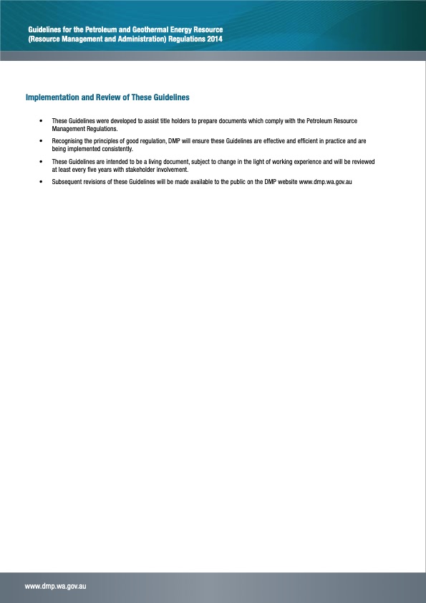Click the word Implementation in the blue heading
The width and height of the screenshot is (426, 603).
pos(52,97)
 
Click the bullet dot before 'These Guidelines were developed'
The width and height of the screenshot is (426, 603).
pos(42,121)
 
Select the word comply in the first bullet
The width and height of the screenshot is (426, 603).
pos(275,121)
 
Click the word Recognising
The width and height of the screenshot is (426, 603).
pos(69,142)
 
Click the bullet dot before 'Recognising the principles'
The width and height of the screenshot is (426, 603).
pos(42,142)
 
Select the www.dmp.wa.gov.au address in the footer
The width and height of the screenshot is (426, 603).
pos(56,586)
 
